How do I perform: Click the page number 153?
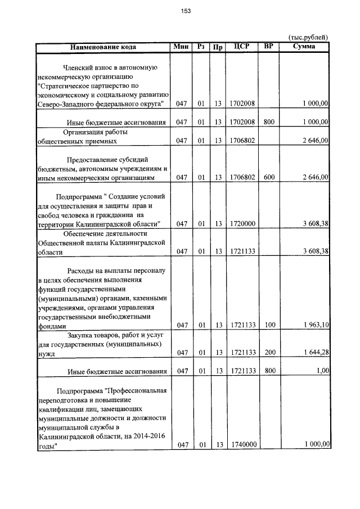(x=186, y=11)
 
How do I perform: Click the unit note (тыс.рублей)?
(x=308, y=37)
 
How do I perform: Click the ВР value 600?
(x=269, y=177)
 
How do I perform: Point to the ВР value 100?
(x=269, y=325)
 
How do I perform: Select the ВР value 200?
(x=269, y=352)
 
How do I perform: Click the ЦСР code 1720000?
(x=243, y=223)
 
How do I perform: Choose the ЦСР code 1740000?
(x=243, y=444)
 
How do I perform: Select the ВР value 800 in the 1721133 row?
(x=269, y=371)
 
